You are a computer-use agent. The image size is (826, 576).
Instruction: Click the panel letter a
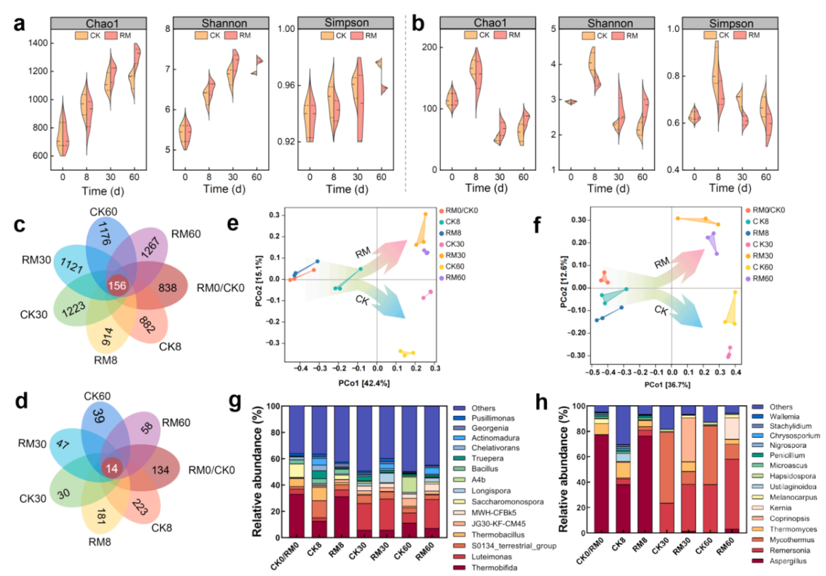coord(21,23)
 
